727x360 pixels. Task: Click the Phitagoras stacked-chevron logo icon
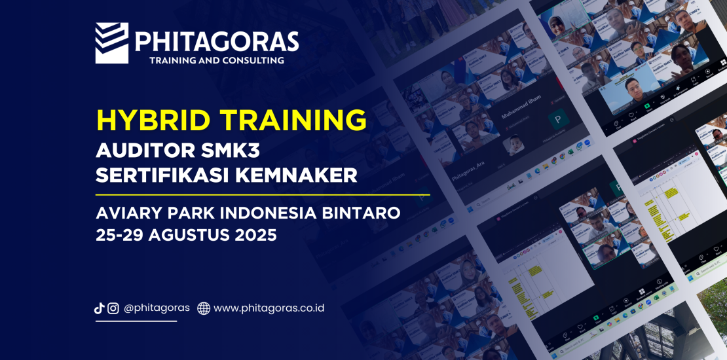coord(111,43)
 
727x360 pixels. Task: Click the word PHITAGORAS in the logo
coord(217,42)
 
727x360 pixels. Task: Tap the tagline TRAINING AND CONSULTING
coord(217,60)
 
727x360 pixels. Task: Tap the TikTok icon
coord(100,308)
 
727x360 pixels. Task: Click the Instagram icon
coord(113,308)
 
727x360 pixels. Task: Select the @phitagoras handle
coord(157,308)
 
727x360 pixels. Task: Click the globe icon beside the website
coord(204,308)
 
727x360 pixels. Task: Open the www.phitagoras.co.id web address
coord(269,308)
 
